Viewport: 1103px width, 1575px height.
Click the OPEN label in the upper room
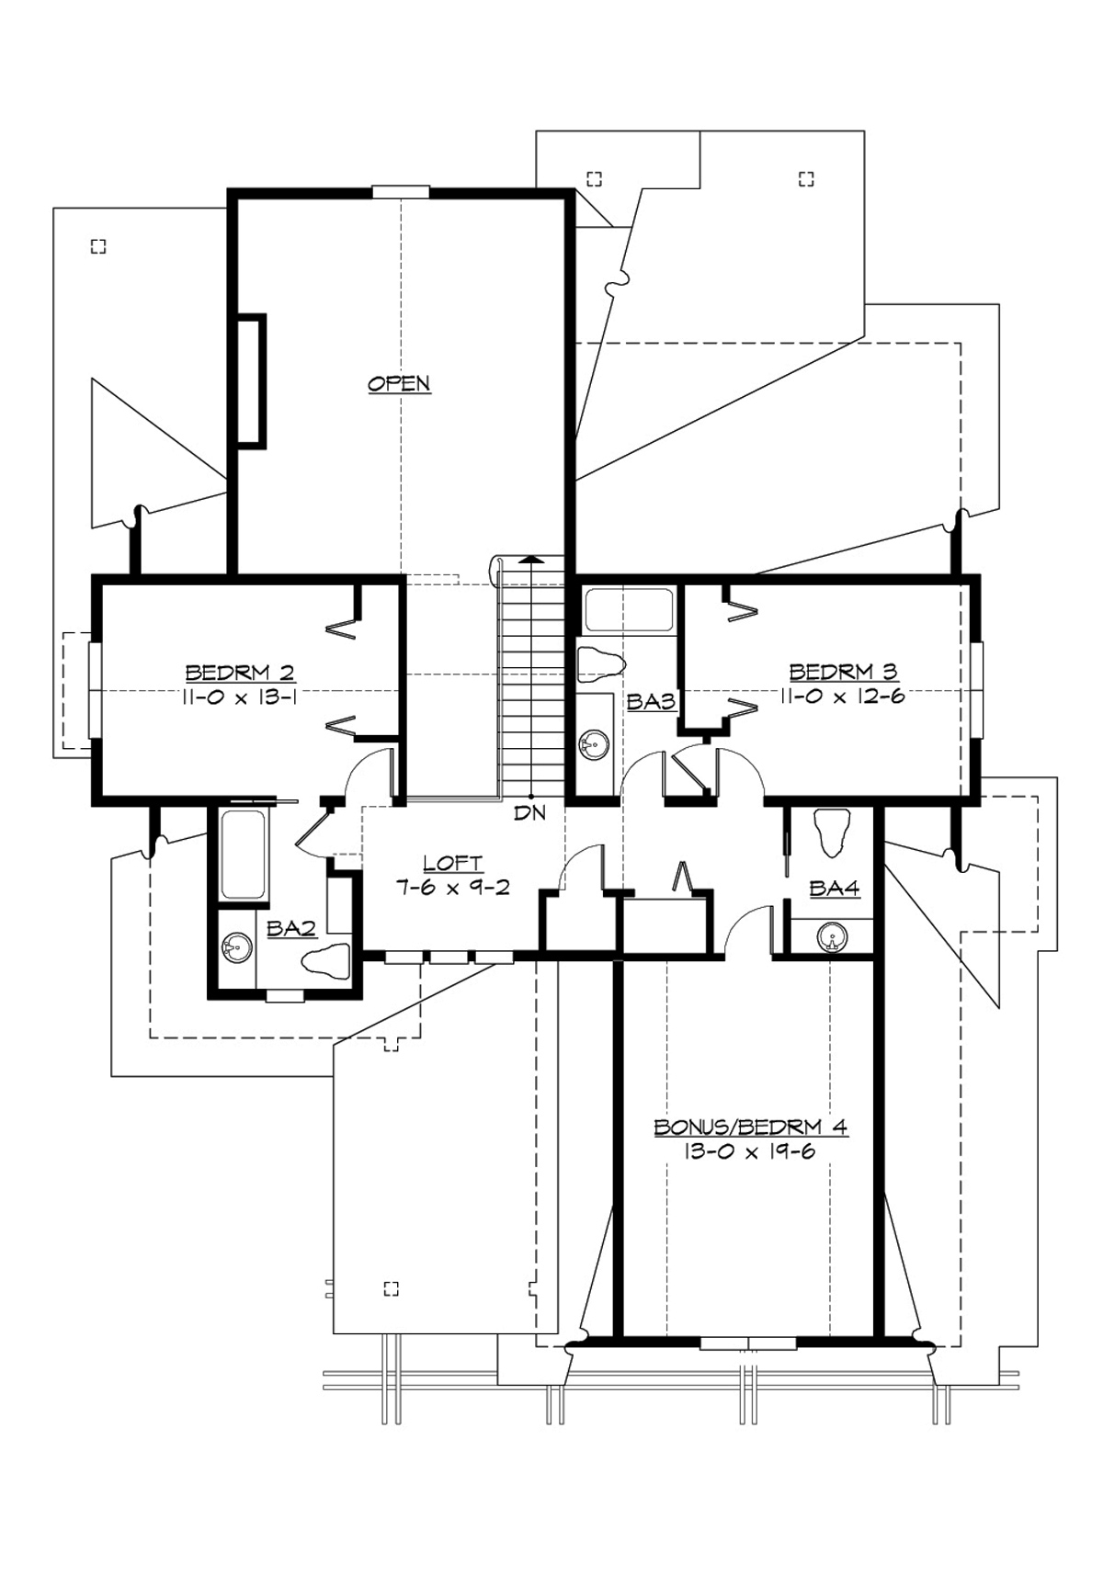[399, 383]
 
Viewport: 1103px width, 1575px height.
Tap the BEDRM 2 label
[240, 673]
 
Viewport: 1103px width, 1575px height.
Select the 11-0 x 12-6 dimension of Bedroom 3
[842, 697]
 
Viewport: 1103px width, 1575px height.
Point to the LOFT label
[452, 864]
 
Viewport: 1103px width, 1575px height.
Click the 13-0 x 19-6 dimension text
[748, 1151]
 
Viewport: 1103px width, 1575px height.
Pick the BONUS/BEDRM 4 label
[750, 1127]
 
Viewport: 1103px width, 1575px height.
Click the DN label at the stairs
[529, 813]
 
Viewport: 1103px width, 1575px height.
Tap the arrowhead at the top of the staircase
[530, 558]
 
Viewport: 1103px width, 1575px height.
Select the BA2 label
[290, 929]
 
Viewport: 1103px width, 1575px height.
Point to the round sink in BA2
[237, 947]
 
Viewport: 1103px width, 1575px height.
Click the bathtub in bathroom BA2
[244, 855]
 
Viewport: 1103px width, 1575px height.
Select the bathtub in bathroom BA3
[629, 611]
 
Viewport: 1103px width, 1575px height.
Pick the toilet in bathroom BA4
[834, 830]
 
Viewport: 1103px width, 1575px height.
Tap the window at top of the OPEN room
[401, 192]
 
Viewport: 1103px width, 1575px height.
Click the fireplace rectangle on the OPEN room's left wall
[252, 381]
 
